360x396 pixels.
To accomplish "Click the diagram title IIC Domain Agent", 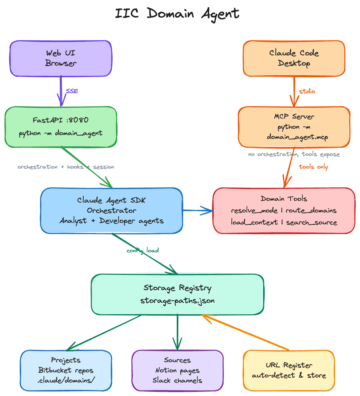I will coord(177,14).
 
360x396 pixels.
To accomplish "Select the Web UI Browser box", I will coord(61,58).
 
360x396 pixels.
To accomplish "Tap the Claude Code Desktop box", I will coord(294,58).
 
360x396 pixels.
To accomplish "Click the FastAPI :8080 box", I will coord(61,127).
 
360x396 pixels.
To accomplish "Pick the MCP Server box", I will coord(294,127).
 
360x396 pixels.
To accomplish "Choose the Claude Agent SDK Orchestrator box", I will coord(112,210).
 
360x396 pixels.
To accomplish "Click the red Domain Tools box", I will coord(284,210).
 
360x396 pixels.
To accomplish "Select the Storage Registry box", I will coord(177,294).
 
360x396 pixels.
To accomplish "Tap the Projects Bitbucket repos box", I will coord(66,370).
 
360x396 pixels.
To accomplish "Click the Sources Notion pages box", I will coord(177,370).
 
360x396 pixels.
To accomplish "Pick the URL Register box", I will coord(289,370).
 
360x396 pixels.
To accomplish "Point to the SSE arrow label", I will coord(72,91).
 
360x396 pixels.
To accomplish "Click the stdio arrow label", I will coord(307,91).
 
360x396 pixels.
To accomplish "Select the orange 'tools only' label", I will coord(313,167).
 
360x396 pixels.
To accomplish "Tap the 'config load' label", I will coord(143,250).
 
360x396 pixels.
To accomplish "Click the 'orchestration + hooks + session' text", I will coord(66,167).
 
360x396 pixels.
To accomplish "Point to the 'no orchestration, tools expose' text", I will coord(294,154).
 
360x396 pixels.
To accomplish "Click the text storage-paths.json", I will coord(177,301).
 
